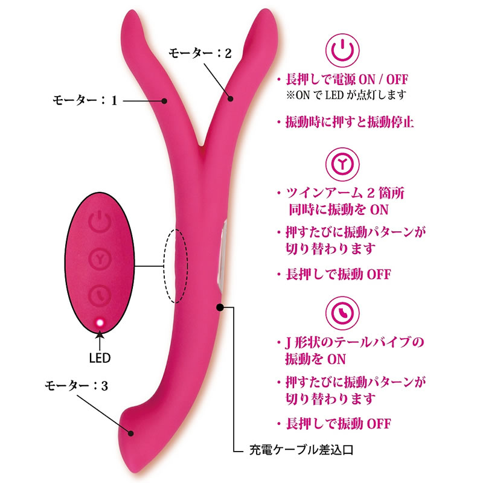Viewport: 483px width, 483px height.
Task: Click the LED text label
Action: [100, 357]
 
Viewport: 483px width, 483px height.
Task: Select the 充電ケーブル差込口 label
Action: [300, 450]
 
